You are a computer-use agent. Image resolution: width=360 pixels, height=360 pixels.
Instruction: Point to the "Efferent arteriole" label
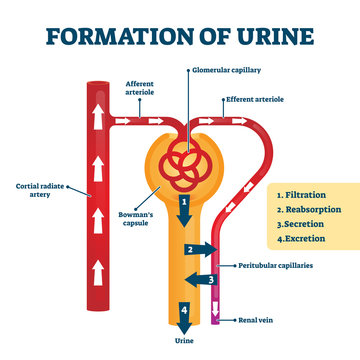point(256,100)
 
